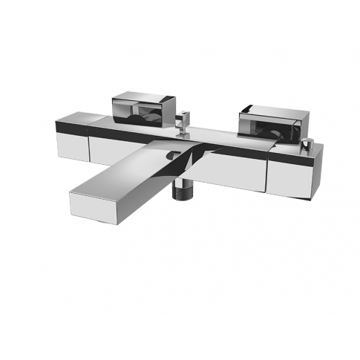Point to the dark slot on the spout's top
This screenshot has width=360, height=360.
(x=172, y=155)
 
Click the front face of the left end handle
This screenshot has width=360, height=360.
(x=71, y=144)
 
